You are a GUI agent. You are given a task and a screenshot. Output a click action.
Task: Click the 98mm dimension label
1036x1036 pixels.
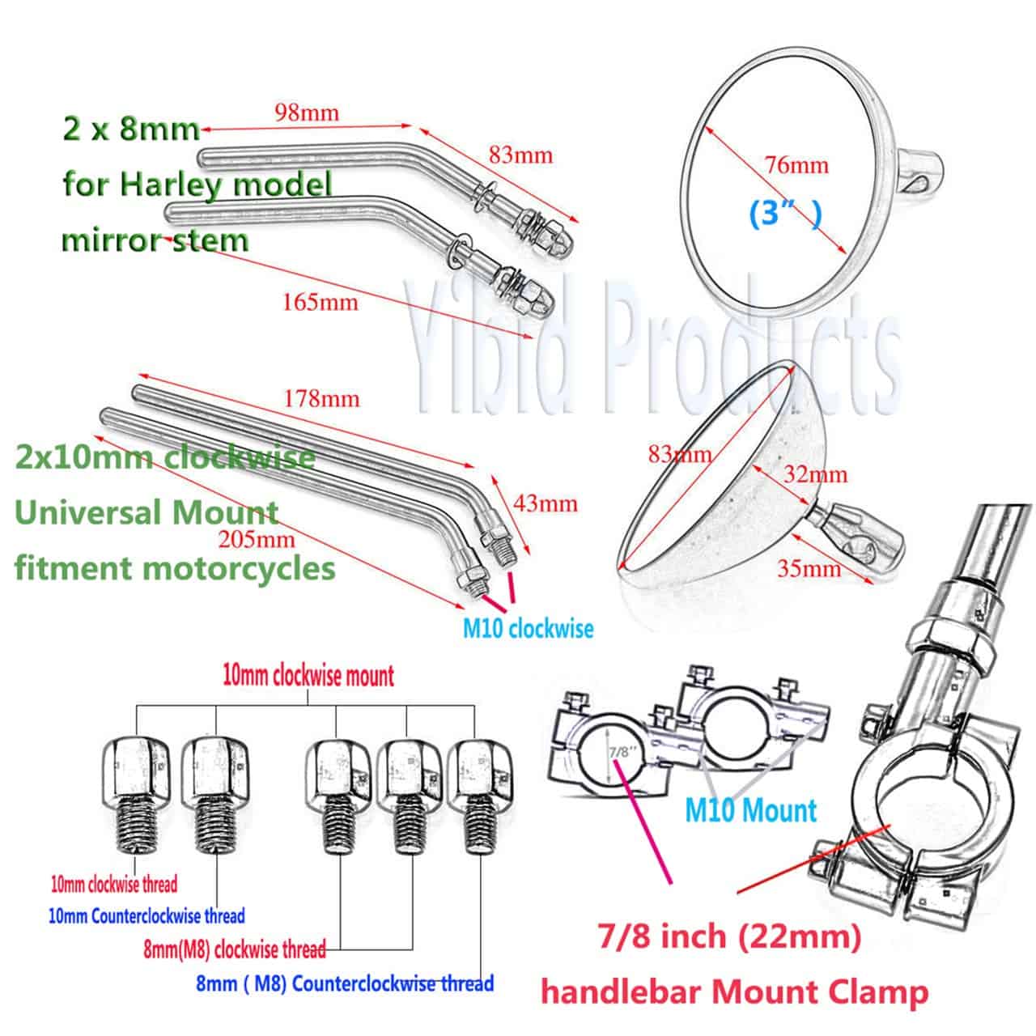[307, 113]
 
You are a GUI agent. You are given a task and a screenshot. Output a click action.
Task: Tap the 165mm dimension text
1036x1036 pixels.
[321, 302]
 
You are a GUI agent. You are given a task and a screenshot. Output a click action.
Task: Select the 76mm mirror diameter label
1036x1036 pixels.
[796, 165]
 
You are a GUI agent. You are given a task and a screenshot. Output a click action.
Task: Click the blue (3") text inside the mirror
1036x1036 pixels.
[785, 214]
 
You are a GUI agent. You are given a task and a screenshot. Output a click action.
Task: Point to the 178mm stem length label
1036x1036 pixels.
[321, 399]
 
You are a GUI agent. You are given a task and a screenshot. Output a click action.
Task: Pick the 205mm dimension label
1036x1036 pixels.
[257, 539]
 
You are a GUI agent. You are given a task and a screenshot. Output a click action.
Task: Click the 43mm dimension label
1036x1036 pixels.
[546, 503]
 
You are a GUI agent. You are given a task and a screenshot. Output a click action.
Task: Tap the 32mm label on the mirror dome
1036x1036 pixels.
[816, 474]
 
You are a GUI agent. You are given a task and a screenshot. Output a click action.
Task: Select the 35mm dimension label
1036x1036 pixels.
[809, 569]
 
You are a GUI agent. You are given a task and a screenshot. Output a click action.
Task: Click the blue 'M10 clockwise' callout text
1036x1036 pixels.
[528, 629]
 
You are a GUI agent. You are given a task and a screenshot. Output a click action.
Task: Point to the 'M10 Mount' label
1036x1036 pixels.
[751, 810]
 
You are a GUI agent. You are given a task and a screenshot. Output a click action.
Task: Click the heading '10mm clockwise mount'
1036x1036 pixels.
[308, 676]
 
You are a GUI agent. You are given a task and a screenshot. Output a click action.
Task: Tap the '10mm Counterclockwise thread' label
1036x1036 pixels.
[146, 915]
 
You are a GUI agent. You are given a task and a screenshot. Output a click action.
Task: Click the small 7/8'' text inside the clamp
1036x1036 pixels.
[619, 751]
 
